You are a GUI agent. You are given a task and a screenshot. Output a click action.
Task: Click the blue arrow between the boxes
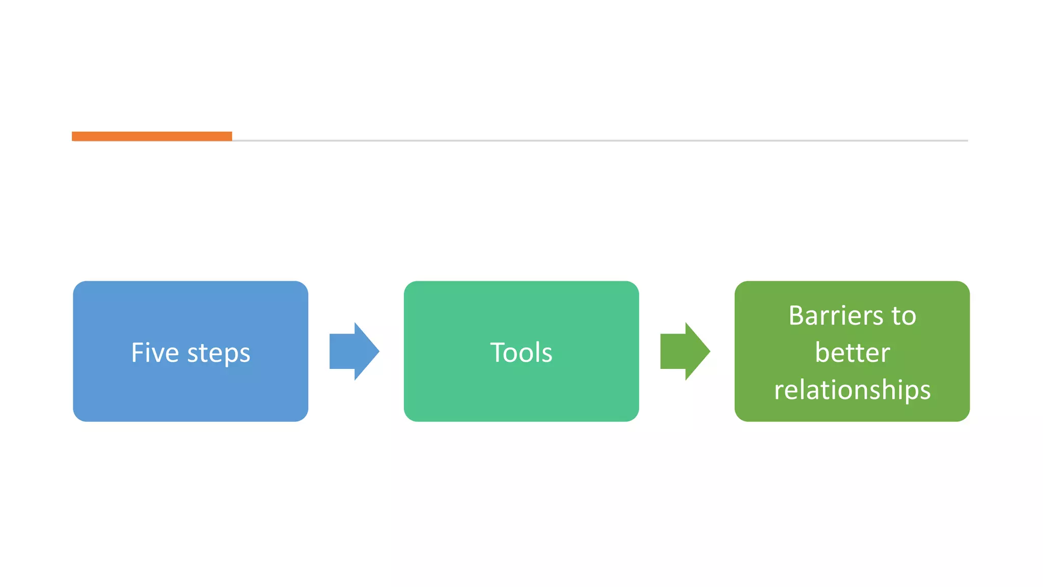(x=351, y=351)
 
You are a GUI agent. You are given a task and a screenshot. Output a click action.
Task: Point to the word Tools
(x=521, y=353)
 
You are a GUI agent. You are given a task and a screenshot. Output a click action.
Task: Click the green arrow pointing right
(x=682, y=351)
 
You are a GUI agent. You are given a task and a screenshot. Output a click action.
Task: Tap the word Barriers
(x=835, y=315)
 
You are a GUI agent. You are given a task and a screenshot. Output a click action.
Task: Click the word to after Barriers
(x=904, y=316)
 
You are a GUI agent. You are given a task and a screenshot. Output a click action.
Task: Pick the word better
(x=852, y=353)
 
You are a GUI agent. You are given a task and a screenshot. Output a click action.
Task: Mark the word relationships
(x=852, y=390)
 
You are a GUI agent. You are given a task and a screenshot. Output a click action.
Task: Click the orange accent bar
(x=152, y=136)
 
